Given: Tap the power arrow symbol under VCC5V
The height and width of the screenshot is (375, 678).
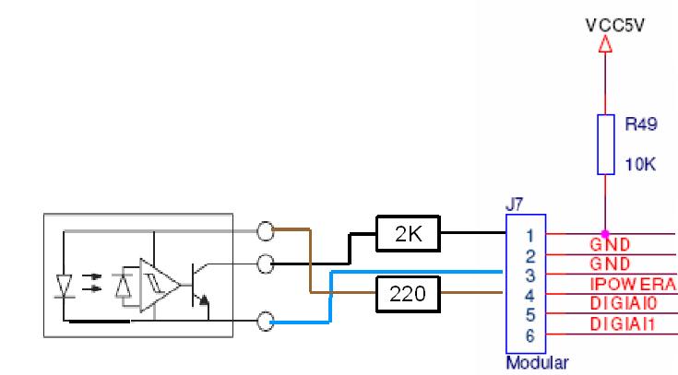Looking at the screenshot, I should pyautogui.click(x=606, y=43).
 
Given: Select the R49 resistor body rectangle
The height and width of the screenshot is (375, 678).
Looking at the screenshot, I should pyautogui.click(x=606, y=144).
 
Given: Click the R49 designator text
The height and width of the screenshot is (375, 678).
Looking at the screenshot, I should pyautogui.click(x=640, y=123).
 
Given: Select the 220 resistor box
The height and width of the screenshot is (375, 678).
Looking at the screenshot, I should pyautogui.click(x=409, y=294).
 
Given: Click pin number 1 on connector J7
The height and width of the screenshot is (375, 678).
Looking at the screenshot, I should pyautogui.click(x=529, y=236).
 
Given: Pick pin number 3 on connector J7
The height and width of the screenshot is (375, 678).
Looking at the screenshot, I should pyautogui.click(x=529, y=275).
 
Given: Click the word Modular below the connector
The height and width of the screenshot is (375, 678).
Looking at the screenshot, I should pyautogui.click(x=537, y=362).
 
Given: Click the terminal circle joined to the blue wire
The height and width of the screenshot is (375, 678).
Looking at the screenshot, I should pyautogui.click(x=267, y=322).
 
